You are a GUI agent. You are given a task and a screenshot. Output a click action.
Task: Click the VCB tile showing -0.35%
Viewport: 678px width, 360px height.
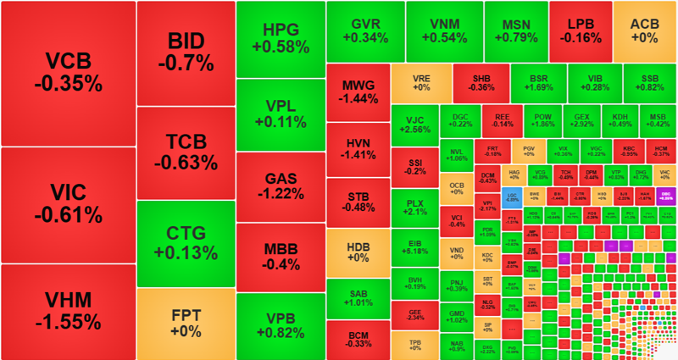click(x=68, y=73)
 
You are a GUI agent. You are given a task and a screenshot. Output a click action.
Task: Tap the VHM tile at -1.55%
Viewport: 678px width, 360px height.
click(x=68, y=312)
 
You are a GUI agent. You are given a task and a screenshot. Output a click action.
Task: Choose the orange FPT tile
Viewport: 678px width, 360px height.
click(x=186, y=324)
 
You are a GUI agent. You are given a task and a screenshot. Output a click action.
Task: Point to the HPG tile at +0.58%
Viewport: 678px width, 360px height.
click(x=281, y=36)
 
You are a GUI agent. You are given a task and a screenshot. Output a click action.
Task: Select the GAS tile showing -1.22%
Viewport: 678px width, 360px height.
click(x=281, y=186)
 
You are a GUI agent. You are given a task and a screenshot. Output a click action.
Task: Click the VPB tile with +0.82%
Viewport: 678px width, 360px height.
click(x=281, y=326)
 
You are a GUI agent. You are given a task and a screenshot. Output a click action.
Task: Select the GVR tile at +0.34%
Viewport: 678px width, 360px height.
click(x=365, y=29)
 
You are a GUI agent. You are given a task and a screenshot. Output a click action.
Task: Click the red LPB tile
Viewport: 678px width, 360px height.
click(x=580, y=29)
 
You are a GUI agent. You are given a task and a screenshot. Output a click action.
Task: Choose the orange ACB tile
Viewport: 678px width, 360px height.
click(x=644, y=29)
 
